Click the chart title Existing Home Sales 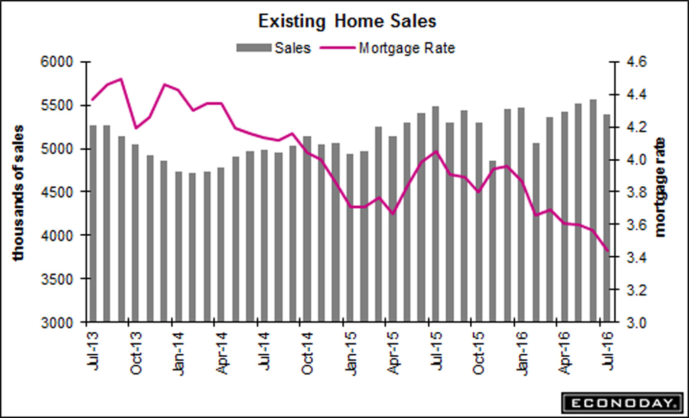tap(347, 22)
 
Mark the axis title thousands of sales tap(19, 193)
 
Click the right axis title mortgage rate tap(661, 187)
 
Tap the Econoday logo tap(622, 403)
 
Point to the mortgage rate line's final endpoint tap(607, 250)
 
